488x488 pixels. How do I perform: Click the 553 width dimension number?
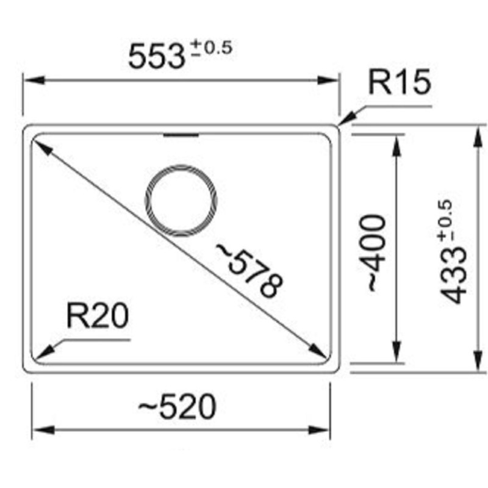pos(156,57)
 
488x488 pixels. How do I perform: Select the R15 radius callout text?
pos(400,84)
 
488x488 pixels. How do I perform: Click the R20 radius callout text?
pos(98,317)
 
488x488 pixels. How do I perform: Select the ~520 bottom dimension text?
pos(177,407)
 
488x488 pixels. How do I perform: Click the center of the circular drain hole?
pos(181,201)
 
